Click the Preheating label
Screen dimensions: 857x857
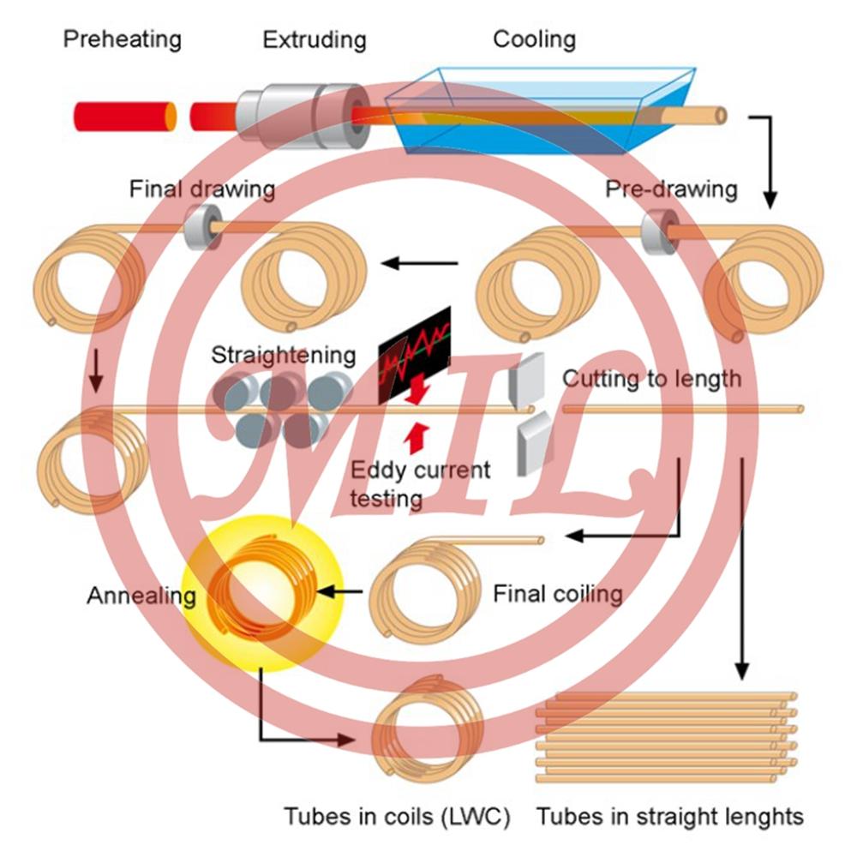coord(123,39)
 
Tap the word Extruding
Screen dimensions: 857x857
coord(314,39)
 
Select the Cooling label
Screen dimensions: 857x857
coord(534,39)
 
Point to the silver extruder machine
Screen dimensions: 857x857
coord(296,114)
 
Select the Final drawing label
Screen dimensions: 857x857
coord(202,189)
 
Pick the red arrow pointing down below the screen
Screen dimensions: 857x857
coord(417,391)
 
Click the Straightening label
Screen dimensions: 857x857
coord(283,355)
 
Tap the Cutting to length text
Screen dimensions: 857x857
coord(651,378)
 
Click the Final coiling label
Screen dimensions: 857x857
coord(557,593)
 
